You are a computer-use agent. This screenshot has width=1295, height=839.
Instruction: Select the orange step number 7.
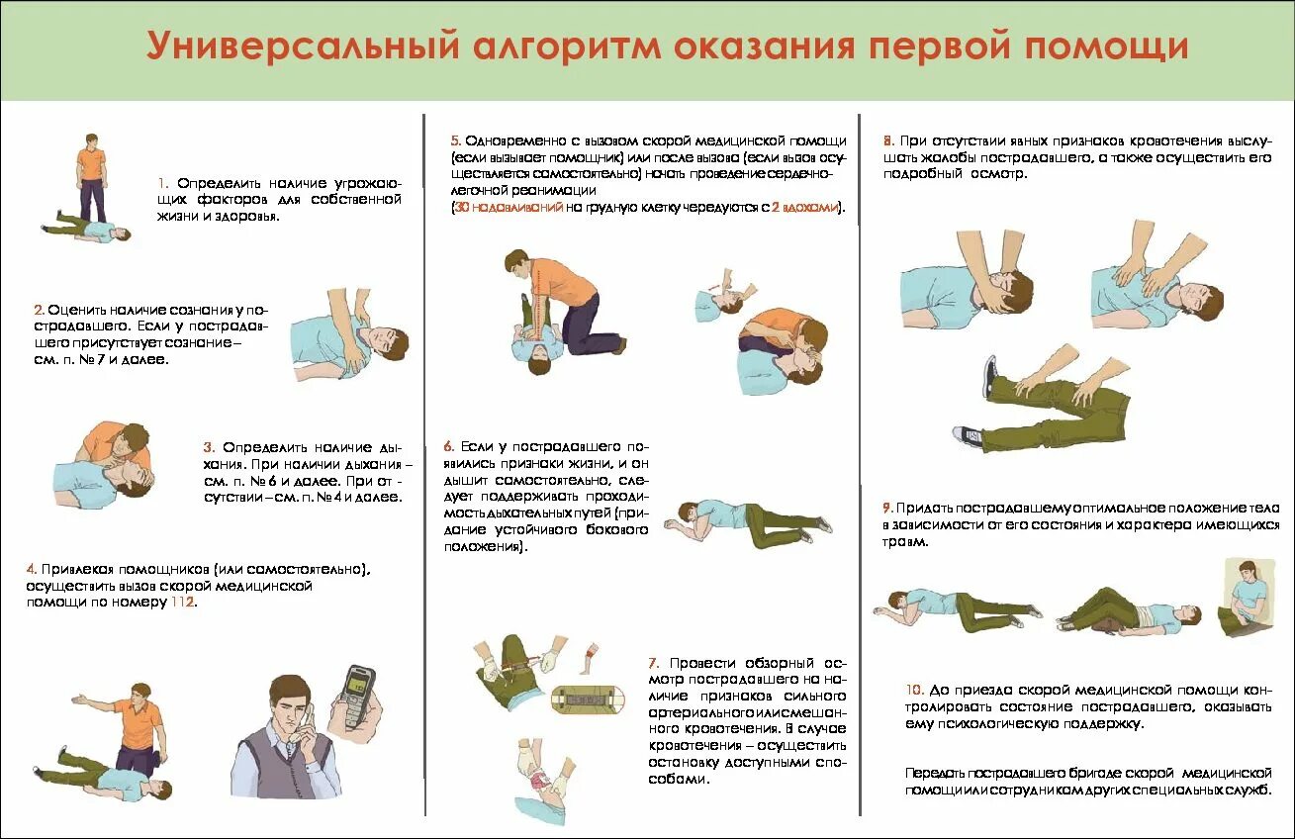point(654,663)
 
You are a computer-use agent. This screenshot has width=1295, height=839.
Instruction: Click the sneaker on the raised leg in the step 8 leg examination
point(988,377)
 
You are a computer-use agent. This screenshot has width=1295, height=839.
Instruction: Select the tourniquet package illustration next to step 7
point(588,699)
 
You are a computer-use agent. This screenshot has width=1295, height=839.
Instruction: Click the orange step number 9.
point(887,508)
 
